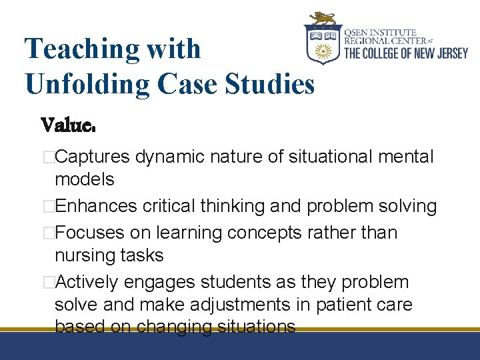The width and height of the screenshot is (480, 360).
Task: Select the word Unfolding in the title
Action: (x=90, y=84)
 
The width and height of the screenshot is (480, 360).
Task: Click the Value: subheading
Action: (x=69, y=125)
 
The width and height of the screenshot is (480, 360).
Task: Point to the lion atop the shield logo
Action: (x=324, y=18)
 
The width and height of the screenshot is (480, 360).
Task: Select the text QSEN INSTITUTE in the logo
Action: (x=380, y=32)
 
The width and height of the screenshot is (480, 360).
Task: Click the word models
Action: (x=84, y=179)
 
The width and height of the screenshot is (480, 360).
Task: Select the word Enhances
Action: (x=97, y=207)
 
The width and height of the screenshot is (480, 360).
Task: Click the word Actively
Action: (x=88, y=283)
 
